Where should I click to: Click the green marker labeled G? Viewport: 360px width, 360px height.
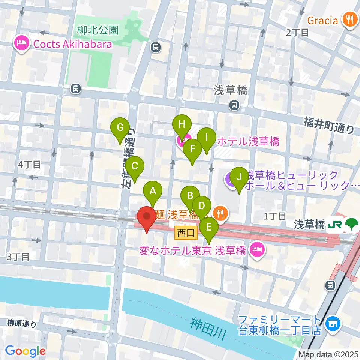(x=120, y=128)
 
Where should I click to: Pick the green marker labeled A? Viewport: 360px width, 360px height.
(x=153, y=192)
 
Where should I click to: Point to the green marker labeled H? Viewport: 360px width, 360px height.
(x=182, y=124)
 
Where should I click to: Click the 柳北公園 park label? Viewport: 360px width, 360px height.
(x=98, y=29)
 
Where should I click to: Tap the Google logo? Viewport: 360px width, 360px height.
(x=25, y=351)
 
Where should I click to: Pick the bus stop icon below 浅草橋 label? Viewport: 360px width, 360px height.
(x=234, y=105)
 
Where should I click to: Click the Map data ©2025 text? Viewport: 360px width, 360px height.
(x=328, y=354)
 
